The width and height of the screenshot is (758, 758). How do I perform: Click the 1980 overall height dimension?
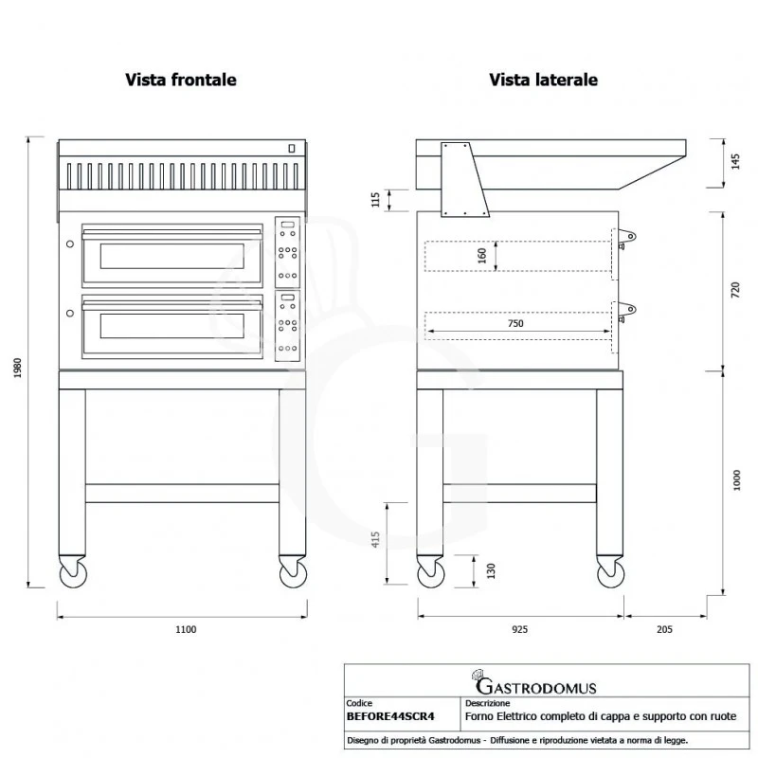pyautogui.click(x=18, y=368)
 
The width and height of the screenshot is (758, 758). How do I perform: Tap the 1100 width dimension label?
pyautogui.click(x=186, y=629)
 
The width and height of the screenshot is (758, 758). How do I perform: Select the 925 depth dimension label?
pyautogui.click(x=519, y=629)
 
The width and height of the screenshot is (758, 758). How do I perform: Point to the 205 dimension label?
pyautogui.click(x=665, y=629)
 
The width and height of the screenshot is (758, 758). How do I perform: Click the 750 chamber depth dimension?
pyautogui.click(x=515, y=323)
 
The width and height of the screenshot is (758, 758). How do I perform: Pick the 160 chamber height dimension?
pyautogui.click(x=482, y=256)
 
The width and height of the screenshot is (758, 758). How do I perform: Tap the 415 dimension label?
pyautogui.click(x=375, y=539)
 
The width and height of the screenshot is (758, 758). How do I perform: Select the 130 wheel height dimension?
pyautogui.click(x=491, y=571)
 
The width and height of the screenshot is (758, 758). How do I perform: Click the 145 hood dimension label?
pyautogui.click(x=736, y=161)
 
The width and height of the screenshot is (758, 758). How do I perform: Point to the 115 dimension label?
pyautogui.click(x=375, y=200)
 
